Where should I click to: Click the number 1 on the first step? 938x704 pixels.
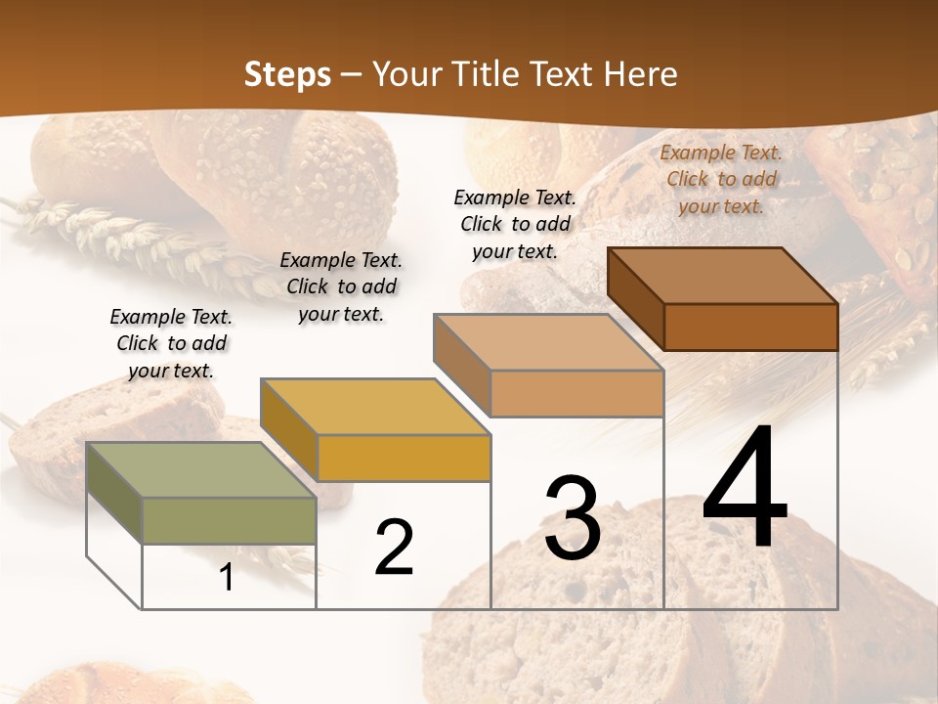tap(227, 578)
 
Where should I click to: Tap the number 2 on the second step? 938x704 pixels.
tap(394, 548)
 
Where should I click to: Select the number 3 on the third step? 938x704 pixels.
tap(572, 518)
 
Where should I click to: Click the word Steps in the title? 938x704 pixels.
tap(287, 74)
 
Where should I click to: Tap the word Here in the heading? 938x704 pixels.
tap(640, 74)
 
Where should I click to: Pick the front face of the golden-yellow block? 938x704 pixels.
tap(404, 458)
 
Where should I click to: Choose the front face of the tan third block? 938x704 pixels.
tap(576, 394)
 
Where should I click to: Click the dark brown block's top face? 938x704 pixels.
tap(723, 276)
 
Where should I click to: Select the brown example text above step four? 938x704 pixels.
tap(721, 179)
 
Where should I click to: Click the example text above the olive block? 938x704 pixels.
tap(171, 343)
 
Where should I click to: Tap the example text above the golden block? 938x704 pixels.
tap(341, 286)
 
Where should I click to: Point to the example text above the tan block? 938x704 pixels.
tap(515, 224)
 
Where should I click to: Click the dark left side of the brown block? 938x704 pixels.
tap(636, 299)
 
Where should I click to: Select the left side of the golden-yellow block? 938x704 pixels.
tap(288, 431)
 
